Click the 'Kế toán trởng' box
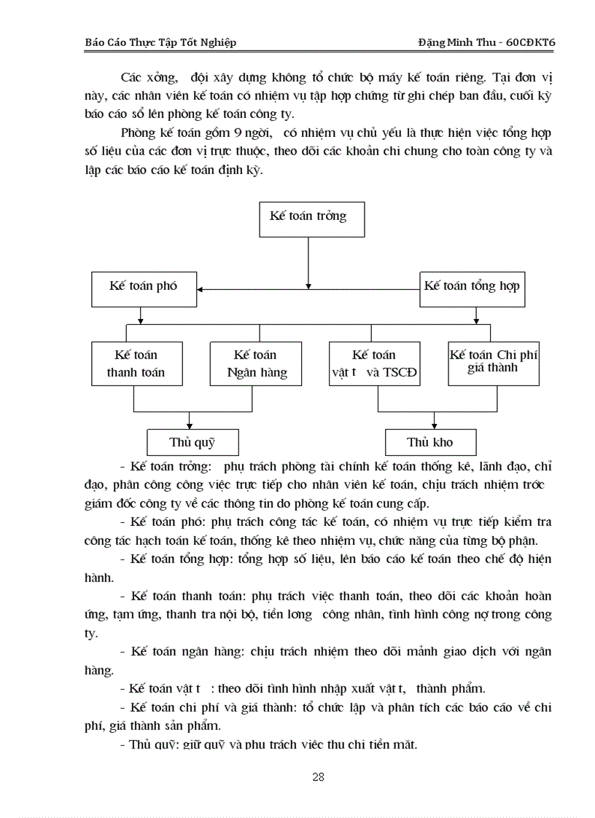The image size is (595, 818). [311, 217]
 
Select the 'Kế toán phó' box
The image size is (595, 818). [144, 286]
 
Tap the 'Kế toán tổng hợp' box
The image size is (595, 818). [472, 286]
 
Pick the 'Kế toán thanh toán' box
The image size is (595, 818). [136, 363]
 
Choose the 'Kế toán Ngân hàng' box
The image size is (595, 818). [254, 363]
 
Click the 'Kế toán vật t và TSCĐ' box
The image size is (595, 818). [374, 363]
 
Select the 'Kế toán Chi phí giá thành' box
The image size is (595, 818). [494, 363]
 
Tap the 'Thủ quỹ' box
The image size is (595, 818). [192, 442]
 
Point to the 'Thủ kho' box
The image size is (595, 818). [430, 442]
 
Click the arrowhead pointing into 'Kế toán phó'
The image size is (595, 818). [201, 289]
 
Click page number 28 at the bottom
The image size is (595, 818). [318, 776]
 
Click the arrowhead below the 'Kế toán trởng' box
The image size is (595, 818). [308, 285]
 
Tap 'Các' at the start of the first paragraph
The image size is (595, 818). [133, 77]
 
